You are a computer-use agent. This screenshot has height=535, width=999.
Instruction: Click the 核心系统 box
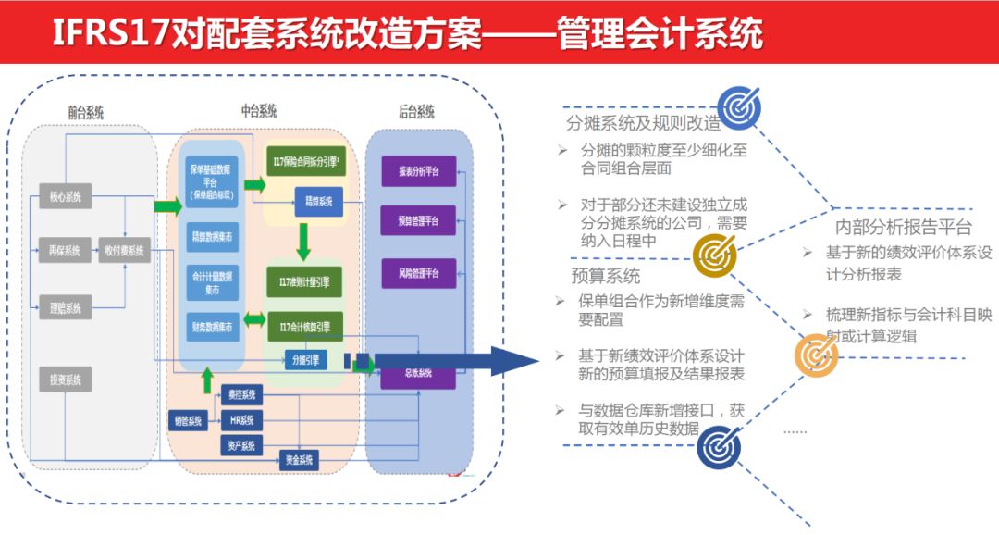(x=65, y=196)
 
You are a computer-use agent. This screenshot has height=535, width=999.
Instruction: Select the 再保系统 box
(x=65, y=250)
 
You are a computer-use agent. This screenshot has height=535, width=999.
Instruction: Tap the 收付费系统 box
(x=124, y=250)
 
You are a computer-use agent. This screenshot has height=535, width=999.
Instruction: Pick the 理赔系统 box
(x=65, y=308)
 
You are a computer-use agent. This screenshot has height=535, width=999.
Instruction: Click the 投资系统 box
(x=65, y=379)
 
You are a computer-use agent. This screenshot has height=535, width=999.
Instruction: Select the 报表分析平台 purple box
(x=418, y=171)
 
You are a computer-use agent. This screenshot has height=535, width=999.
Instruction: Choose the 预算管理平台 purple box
(x=418, y=222)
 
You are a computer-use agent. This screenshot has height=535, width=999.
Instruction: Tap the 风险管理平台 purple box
(x=418, y=273)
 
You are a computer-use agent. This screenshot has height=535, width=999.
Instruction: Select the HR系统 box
(x=242, y=420)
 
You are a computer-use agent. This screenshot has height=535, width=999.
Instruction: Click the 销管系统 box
(x=187, y=420)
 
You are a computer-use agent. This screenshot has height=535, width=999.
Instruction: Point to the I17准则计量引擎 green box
(x=303, y=281)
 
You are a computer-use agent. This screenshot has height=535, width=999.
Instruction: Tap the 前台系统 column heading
(x=85, y=113)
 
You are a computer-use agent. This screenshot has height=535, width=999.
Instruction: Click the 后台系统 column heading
(x=415, y=113)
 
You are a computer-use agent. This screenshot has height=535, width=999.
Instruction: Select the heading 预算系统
(x=606, y=276)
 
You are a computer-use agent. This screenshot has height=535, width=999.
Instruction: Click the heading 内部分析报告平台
(x=903, y=227)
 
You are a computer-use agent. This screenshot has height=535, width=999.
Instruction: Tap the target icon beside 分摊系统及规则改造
(x=740, y=107)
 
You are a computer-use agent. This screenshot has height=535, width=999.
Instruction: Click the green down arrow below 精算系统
(x=302, y=242)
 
